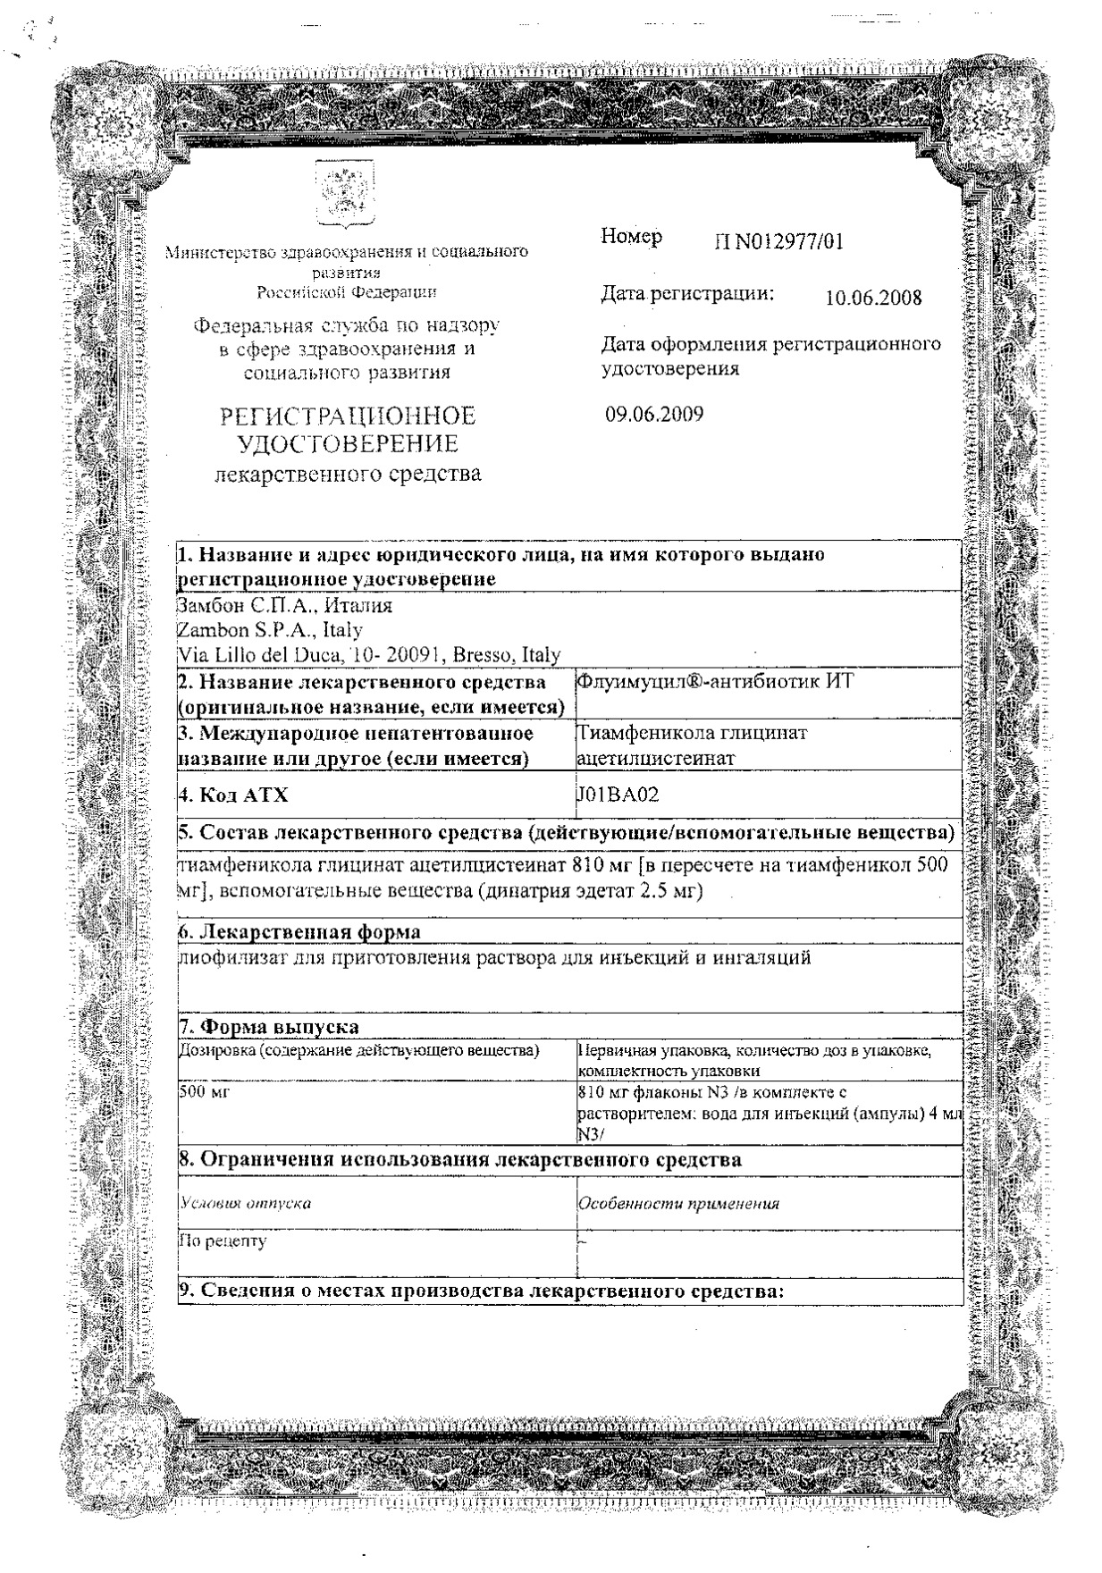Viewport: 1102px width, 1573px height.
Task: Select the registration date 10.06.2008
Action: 873,298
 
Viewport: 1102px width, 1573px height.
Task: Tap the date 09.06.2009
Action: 654,415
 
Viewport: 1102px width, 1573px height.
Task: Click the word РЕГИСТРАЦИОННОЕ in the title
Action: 348,416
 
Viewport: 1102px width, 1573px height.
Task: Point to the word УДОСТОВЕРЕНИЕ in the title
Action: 348,444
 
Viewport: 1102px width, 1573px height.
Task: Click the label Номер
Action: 631,237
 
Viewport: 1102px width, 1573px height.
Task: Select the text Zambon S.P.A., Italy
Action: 272,631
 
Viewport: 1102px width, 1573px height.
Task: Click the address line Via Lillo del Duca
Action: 370,655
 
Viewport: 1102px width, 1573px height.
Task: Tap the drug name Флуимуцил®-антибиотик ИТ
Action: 716,682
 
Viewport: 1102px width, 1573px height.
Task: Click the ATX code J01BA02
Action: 618,795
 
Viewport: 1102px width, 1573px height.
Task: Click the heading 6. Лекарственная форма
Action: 300,932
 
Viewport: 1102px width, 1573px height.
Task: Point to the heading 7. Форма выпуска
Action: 270,1026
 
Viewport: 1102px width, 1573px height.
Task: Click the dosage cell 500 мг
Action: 206,1091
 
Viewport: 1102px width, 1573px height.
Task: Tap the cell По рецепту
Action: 223,1241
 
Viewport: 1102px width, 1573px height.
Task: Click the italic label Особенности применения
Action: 678,1203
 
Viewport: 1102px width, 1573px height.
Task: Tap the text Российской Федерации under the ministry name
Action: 348,291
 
